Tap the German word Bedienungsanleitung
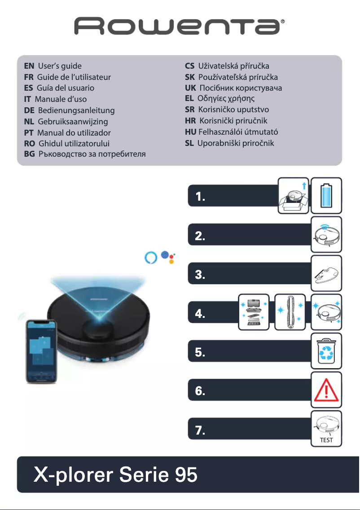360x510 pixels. [x=76, y=110]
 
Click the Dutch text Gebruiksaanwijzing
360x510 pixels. [x=73, y=121]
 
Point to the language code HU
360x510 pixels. [x=190, y=132]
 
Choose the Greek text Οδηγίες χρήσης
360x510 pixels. [x=226, y=98]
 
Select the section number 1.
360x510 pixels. [x=201, y=197]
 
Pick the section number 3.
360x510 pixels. [x=201, y=275]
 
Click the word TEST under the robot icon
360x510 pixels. [x=326, y=440]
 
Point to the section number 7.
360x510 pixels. [x=201, y=431]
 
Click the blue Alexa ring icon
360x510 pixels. [x=150, y=258]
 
